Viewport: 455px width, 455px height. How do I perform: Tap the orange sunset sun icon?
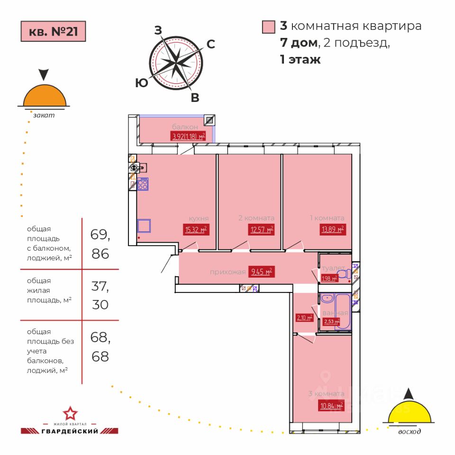coord(45,96)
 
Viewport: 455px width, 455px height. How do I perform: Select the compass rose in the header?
coord(176,62)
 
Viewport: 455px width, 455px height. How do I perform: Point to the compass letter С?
coord(211,45)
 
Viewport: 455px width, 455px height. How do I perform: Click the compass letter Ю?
coord(141,83)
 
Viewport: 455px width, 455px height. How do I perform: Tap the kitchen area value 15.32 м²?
coord(195,230)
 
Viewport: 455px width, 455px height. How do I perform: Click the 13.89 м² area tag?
coord(331,230)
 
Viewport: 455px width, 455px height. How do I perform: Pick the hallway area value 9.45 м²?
coord(261,272)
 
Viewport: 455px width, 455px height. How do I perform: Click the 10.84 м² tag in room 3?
coord(331,406)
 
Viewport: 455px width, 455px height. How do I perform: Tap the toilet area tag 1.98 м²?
coord(329,278)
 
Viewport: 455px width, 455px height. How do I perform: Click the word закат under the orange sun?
coord(44,115)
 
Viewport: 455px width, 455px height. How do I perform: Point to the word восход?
coord(409,432)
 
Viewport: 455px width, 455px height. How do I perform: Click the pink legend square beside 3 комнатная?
coord(269,27)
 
